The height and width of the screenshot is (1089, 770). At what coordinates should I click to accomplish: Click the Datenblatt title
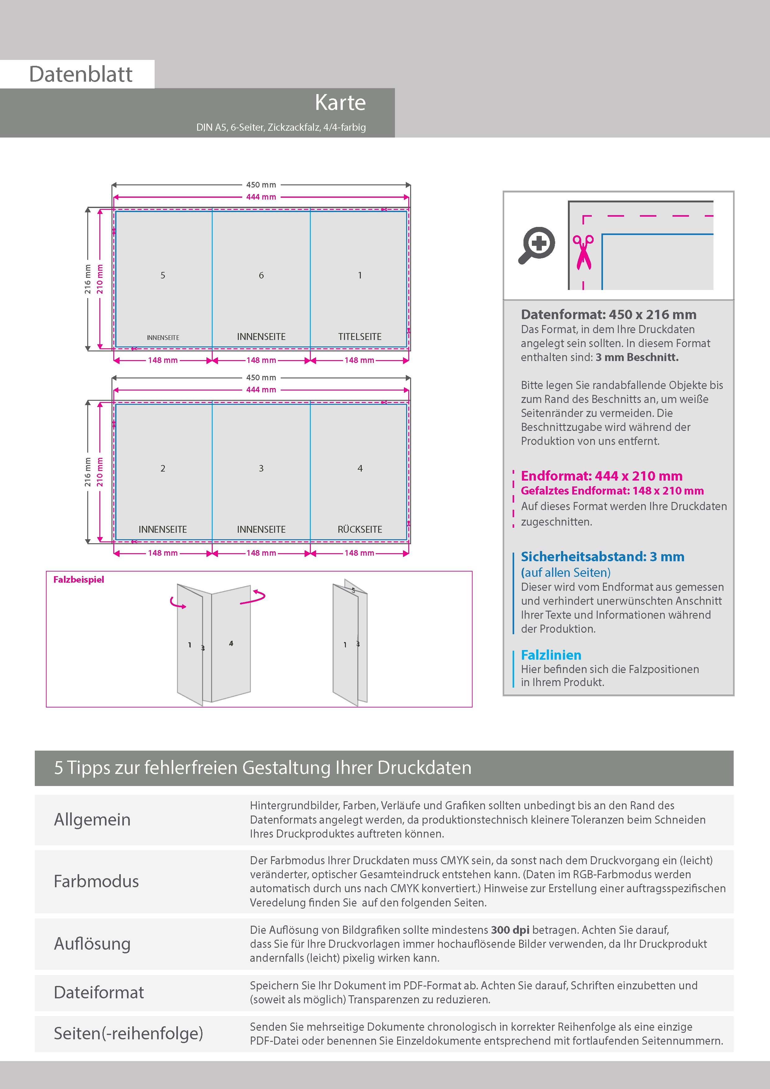coord(81,74)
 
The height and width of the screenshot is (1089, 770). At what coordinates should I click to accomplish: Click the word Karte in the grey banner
coord(340,102)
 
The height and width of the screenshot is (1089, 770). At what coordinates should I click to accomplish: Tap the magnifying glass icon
coord(537,245)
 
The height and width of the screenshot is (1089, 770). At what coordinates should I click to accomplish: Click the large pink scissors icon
coord(583,252)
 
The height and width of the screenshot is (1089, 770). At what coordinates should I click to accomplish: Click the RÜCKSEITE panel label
coord(360,529)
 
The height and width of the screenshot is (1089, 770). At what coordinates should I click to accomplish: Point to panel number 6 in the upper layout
coord(261,275)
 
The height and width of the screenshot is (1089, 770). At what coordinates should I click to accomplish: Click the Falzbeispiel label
coord(78,580)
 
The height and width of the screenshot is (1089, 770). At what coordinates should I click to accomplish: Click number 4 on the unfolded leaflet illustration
coord(231,644)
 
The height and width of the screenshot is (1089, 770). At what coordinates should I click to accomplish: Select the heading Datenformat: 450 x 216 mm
coord(608,314)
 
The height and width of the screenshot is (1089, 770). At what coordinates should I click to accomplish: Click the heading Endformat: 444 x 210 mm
coord(601,476)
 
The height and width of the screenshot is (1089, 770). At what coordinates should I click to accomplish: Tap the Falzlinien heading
coord(551,655)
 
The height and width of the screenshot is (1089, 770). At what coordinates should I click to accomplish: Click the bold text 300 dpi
coord(510,930)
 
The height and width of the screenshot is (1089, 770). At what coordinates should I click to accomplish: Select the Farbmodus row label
coord(96,881)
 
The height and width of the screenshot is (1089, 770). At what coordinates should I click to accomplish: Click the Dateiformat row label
coord(99,992)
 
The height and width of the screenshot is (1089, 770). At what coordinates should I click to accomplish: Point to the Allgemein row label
coord(92,820)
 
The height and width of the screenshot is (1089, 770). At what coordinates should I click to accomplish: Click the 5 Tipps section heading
coord(263,767)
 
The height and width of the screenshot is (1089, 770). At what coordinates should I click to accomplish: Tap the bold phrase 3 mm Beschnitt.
coord(637,357)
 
